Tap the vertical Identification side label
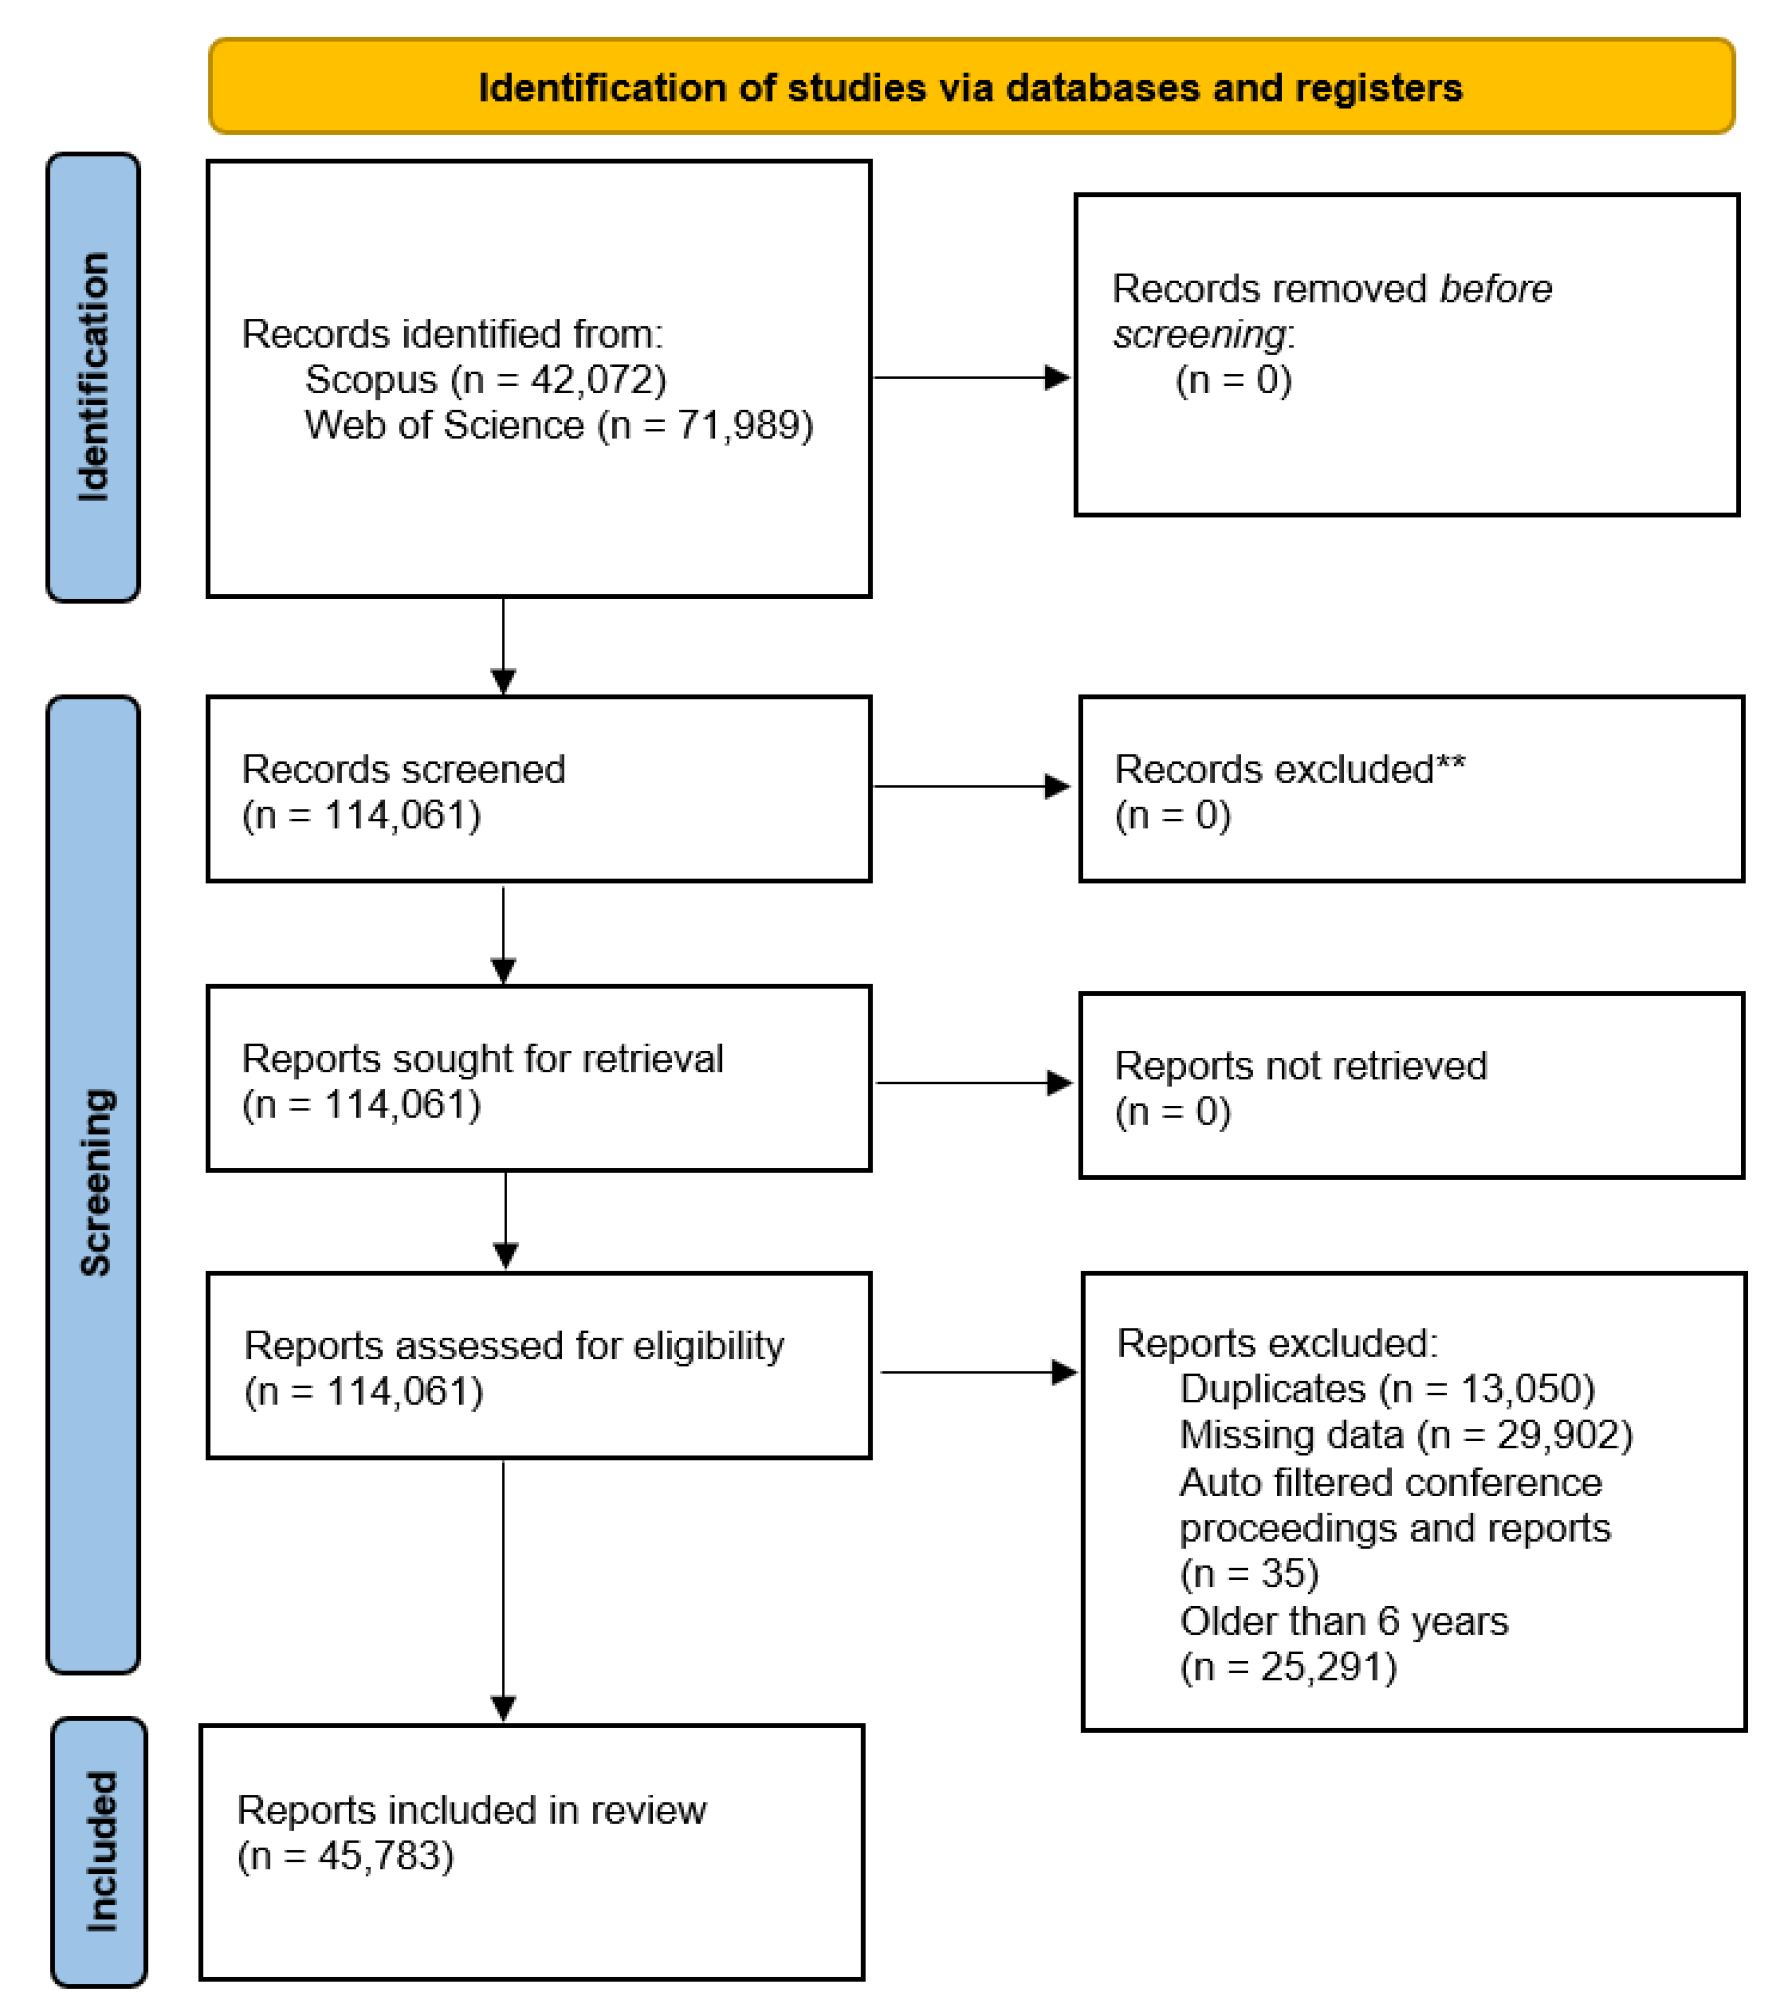93,377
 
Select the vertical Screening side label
96,1183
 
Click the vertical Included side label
101,1851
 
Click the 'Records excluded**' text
1289,769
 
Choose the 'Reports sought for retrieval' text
482,1058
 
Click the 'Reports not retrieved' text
1300,1066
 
